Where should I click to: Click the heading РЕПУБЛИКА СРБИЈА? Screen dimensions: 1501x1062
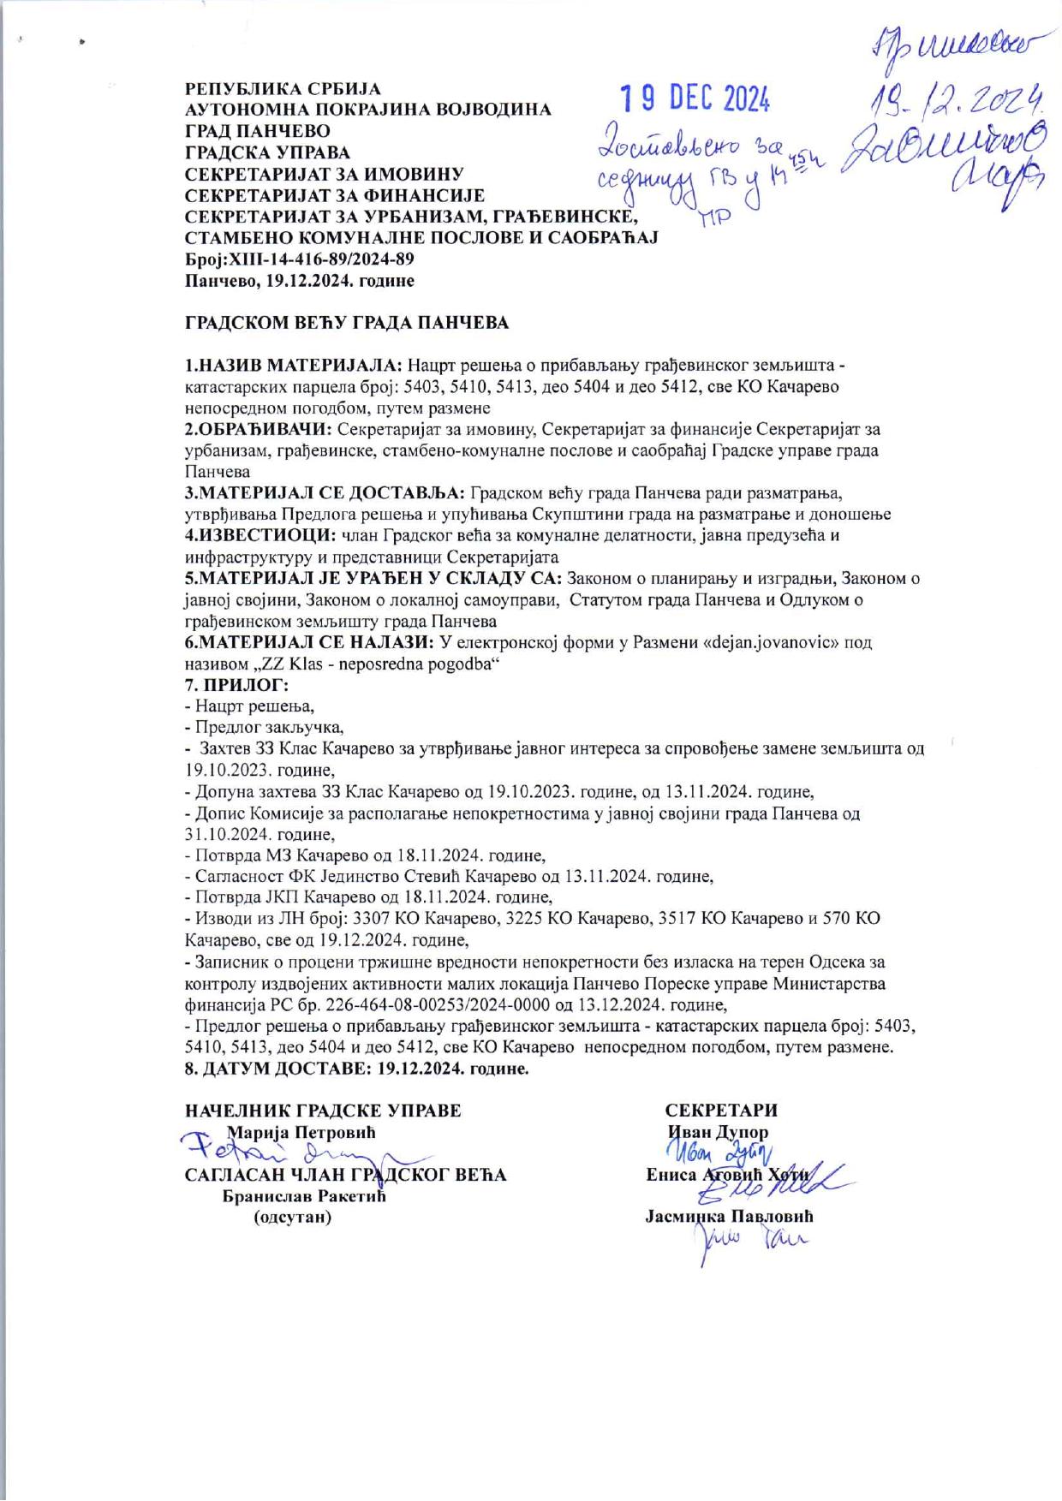tap(283, 89)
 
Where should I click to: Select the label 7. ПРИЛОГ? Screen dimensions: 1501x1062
tap(237, 685)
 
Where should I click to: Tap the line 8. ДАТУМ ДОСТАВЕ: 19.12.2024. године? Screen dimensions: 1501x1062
tap(357, 1069)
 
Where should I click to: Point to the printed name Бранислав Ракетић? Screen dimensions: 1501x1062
tap(304, 1196)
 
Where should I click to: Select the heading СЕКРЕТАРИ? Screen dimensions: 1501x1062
tap(722, 1111)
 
